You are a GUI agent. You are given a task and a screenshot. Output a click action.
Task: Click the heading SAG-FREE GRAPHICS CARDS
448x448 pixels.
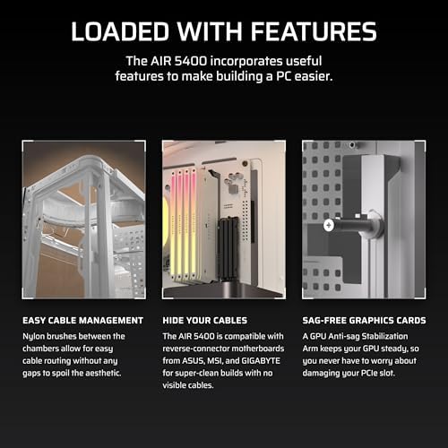(x=361, y=320)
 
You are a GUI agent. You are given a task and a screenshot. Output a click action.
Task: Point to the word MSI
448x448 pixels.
(x=220, y=366)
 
